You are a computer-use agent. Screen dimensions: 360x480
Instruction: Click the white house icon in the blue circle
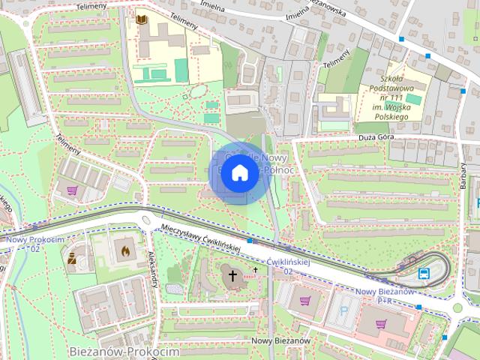pos(238,172)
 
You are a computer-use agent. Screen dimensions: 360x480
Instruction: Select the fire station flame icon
pos(124,250)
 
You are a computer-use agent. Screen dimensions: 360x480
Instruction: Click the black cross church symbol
pos(232,276)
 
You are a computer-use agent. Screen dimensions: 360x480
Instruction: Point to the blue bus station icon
pos(424,273)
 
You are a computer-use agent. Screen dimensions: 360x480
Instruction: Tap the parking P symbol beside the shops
pos(344,308)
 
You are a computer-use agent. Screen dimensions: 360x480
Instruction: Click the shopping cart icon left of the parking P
pos(305,301)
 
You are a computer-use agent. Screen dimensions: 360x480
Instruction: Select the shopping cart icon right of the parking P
pos(383,324)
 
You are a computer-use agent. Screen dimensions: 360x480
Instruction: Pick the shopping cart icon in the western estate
pos(73,190)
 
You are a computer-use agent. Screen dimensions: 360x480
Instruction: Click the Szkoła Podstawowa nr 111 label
pos(401,97)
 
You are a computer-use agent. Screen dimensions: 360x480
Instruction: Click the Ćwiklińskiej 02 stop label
pos(289,266)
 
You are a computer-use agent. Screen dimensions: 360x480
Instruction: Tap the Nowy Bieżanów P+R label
pos(385,295)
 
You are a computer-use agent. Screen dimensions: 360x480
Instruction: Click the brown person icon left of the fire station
pos(72,260)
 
